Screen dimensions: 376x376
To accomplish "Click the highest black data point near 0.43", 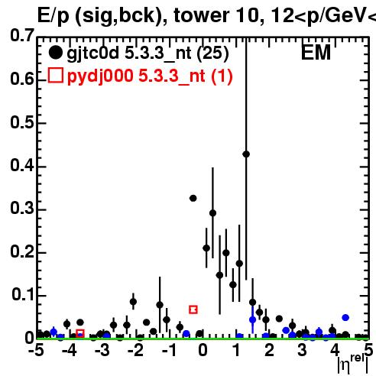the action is (x=246, y=154).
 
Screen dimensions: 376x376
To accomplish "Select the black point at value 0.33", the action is (x=193, y=198).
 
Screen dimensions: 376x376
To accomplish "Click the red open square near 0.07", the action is (x=193, y=310).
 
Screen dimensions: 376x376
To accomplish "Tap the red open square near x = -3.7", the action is (x=80, y=333).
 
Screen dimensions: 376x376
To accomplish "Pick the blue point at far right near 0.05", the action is (x=345, y=318).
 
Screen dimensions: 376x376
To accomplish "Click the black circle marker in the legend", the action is (x=56, y=53).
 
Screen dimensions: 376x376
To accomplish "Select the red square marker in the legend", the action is (x=56, y=75).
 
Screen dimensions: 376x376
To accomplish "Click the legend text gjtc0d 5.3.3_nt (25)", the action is (x=147, y=53).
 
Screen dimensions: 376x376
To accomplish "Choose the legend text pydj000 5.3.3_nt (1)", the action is (x=150, y=76).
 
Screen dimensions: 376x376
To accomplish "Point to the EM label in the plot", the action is (x=316, y=53).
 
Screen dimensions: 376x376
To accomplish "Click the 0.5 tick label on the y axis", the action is (x=22, y=122).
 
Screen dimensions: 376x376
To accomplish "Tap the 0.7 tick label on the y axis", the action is (x=22, y=35).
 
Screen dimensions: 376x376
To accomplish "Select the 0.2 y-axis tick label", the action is (x=22, y=251).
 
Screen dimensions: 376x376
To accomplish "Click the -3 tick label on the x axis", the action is (x=102, y=350).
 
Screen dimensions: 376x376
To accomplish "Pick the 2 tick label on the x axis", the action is (x=269, y=350).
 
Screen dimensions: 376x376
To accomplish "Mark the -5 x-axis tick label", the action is (x=37, y=350).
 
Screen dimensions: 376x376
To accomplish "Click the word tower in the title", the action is (x=202, y=15).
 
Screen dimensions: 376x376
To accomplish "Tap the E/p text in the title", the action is (x=53, y=16).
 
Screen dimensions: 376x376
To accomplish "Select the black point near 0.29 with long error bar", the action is (x=213, y=213).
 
